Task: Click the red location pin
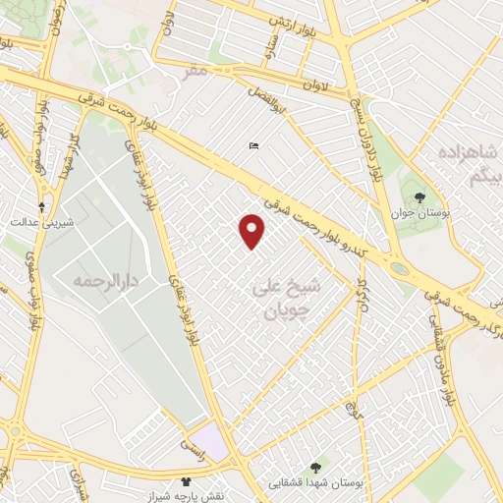252,230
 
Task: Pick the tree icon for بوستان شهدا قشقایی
314,468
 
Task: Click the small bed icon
254,146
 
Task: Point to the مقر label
196,71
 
